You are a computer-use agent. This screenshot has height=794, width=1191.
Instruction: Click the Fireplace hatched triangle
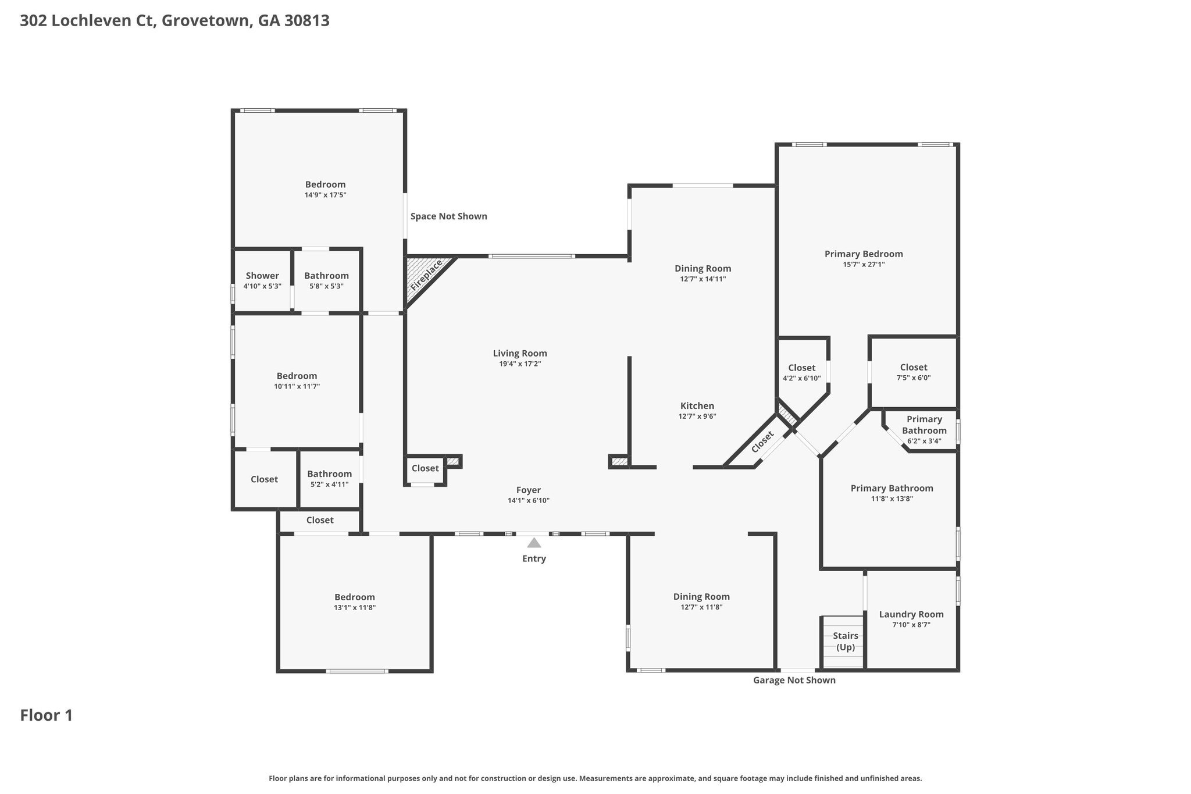[x=425, y=276]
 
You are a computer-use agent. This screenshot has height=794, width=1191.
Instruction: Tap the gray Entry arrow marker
[x=534, y=543]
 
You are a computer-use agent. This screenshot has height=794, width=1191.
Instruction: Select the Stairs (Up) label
[x=845, y=641]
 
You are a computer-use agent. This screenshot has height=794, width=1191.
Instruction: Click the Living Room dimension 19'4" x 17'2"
[x=520, y=364]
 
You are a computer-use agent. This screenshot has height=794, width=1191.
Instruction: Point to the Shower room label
[x=262, y=276]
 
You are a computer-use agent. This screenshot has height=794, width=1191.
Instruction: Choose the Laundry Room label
[x=911, y=614]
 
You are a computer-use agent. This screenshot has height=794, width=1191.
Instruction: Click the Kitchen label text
[x=697, y=405]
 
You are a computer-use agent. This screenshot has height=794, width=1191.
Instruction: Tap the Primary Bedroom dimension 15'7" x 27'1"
[x=864, y=264]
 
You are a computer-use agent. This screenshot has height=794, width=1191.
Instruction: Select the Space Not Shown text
[x=448, y=216]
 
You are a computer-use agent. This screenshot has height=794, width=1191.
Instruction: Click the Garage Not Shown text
[x=794, y=680]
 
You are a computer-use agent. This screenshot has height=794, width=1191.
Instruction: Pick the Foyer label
[x=528, y=490]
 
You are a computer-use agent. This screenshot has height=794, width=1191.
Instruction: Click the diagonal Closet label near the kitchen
[x=762, y=441]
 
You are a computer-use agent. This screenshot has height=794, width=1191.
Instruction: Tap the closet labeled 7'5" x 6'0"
[x=913, y=372]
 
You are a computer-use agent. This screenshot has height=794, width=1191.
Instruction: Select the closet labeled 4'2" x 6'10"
[x=801, y=372]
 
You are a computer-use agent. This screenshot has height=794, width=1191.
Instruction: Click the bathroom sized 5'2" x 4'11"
[x=329, y=478]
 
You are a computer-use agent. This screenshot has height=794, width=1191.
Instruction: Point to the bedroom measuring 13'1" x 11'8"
[x=354, y=601]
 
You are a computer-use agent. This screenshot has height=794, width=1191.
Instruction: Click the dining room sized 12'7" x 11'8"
[x=701, y=601]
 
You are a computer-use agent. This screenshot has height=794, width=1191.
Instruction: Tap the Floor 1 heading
[x=47, y=715]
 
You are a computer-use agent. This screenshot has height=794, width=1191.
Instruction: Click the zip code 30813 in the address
[x=307, y=21]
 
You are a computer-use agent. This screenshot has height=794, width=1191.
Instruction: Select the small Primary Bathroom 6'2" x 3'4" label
[x=924, y=430]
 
